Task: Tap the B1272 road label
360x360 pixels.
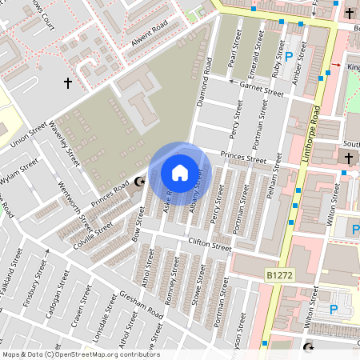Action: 280,275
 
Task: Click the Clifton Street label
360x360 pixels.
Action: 210,246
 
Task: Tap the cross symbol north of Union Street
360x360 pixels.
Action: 68,82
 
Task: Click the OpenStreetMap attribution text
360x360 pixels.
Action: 80,354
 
